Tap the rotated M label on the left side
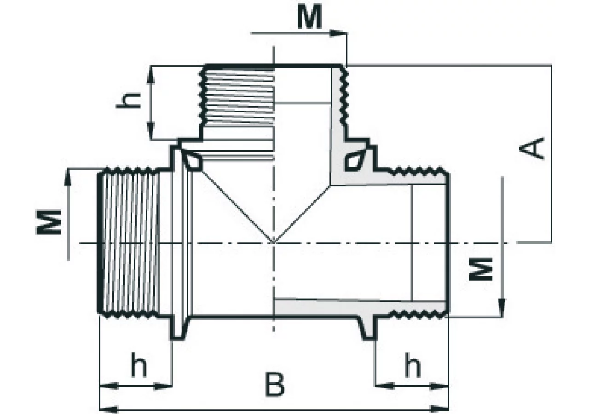(x=48, y=222)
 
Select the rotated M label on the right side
(x=481, y=269)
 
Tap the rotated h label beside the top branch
(x=128, y=101)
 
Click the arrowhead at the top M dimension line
(x=338, y=34)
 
